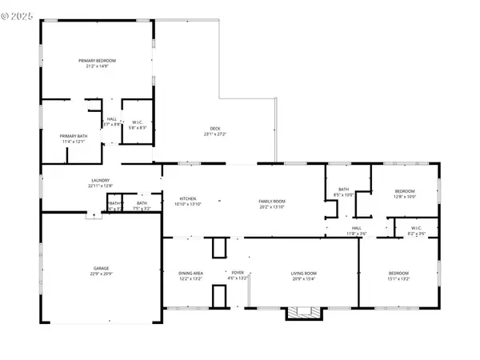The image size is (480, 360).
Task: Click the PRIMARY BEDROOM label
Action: point(97,61)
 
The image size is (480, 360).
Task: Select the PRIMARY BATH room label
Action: point(73,136)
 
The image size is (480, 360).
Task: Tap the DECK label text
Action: point(215,130)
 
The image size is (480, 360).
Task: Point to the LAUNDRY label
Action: point(100,181)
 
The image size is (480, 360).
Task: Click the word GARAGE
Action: point(101,268)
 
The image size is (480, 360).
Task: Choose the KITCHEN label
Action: point(188,198)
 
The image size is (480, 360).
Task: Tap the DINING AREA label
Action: point(190,274)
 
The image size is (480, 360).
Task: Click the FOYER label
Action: point(238,274)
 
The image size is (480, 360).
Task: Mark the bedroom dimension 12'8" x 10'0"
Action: point(405,196)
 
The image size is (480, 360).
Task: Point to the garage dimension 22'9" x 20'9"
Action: point(101,274)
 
